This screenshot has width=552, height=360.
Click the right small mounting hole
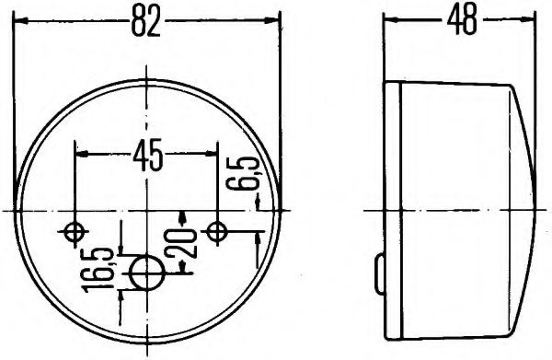pos(217,230)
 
